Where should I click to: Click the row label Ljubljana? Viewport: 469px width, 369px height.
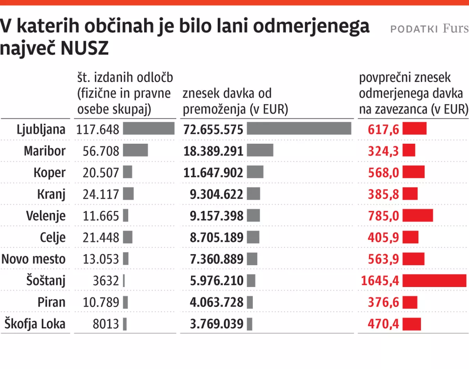(x=41, y=129)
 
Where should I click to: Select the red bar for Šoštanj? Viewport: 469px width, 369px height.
(x=434, y=281)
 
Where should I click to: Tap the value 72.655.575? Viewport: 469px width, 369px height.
(x=213, y=129)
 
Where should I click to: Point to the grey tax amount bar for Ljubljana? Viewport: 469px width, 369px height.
(x=299, y=128)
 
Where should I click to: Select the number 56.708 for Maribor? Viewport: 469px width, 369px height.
(x=101, y=151)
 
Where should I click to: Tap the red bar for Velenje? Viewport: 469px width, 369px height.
(x=417, y=216)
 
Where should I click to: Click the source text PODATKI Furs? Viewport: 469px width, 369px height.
(x=429, y=29)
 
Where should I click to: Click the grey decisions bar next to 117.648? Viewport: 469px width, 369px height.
(x=149, y=128)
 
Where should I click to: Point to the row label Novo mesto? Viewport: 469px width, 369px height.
(x=34, y=259)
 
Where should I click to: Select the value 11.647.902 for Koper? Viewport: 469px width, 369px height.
(x=213, y=173)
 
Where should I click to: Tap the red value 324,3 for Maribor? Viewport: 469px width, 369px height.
(x=383, y=151)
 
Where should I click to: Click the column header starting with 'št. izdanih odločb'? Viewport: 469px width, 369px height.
(x=125, y=94)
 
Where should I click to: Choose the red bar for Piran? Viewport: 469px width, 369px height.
(x=410, y=302)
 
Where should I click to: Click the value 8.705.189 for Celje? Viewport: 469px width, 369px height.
(x=217, y=237)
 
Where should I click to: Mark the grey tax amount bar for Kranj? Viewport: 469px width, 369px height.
(x=253, y=194)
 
